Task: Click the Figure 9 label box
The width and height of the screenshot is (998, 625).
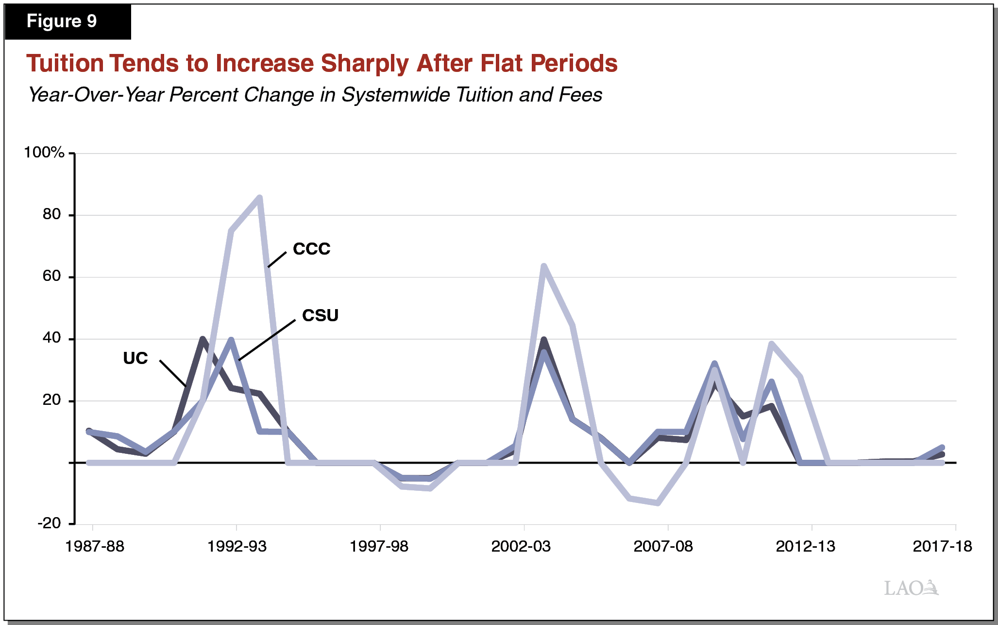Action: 67,21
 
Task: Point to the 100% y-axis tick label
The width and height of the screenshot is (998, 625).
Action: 44,153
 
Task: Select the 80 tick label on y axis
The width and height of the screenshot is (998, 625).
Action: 51,214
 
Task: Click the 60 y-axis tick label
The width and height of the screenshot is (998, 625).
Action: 51,276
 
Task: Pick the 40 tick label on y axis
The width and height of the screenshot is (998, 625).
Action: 51,338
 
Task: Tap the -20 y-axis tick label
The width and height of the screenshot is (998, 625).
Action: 50,523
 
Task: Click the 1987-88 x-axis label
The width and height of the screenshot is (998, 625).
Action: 95,546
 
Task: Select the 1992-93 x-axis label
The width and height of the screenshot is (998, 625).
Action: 237,546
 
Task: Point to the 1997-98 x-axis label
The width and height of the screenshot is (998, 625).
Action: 379,546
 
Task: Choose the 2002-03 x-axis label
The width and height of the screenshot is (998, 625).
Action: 521,546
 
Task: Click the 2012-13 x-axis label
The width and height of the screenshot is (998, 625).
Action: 805,546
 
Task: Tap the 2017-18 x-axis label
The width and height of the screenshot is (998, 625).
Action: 942,546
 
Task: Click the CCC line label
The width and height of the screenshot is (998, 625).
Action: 311,249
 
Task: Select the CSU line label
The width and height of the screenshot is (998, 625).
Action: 320,315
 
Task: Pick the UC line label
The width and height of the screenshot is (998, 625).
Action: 135,358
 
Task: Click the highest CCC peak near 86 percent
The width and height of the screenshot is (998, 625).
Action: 260,197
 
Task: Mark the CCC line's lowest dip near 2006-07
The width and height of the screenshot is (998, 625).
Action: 658,503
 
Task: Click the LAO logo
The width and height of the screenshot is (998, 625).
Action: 911,588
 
